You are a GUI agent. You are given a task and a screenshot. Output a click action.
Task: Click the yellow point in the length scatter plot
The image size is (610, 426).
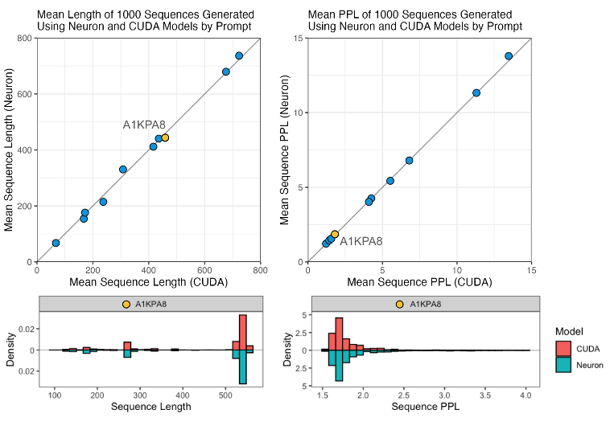pyautogui.click(x=165, y=137)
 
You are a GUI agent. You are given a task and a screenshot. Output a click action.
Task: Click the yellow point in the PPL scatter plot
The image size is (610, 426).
pyautogui.click(x=335, y=234)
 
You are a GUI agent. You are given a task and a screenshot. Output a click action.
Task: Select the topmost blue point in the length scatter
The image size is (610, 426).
pyautogui.click(x=239, y=55)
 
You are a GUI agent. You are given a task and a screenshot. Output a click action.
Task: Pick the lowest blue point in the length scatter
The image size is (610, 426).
pyautogui.click(x=56, y=243)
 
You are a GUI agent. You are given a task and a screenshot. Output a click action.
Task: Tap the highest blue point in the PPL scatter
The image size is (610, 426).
pyautogui.click(x=509, y=55)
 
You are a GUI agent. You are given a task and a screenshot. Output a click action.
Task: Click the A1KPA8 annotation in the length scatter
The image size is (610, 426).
pyautogui.click(x=144, y=125)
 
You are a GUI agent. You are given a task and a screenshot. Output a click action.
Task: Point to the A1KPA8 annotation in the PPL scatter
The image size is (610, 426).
pyautogui.click(x=361, y=241)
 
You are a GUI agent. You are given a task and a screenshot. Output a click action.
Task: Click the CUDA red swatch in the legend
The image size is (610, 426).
pyautogui.click(x=564, y=347)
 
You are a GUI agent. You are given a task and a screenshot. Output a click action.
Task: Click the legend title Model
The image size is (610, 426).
pyautogui.click(x=569, y=331)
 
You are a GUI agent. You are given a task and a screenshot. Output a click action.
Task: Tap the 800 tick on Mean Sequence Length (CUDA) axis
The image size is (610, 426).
pyautogui.click(x=261, y=270)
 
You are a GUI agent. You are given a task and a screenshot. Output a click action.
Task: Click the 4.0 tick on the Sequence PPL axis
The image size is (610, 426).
pyautogui.click(x=526, y=395)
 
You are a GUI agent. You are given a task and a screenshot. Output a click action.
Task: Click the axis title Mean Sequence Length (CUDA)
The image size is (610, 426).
pyautogui.click(x=149, y=282)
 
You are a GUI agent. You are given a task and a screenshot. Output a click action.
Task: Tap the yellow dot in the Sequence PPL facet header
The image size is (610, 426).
pyautogui.click(x=400, y=304)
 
